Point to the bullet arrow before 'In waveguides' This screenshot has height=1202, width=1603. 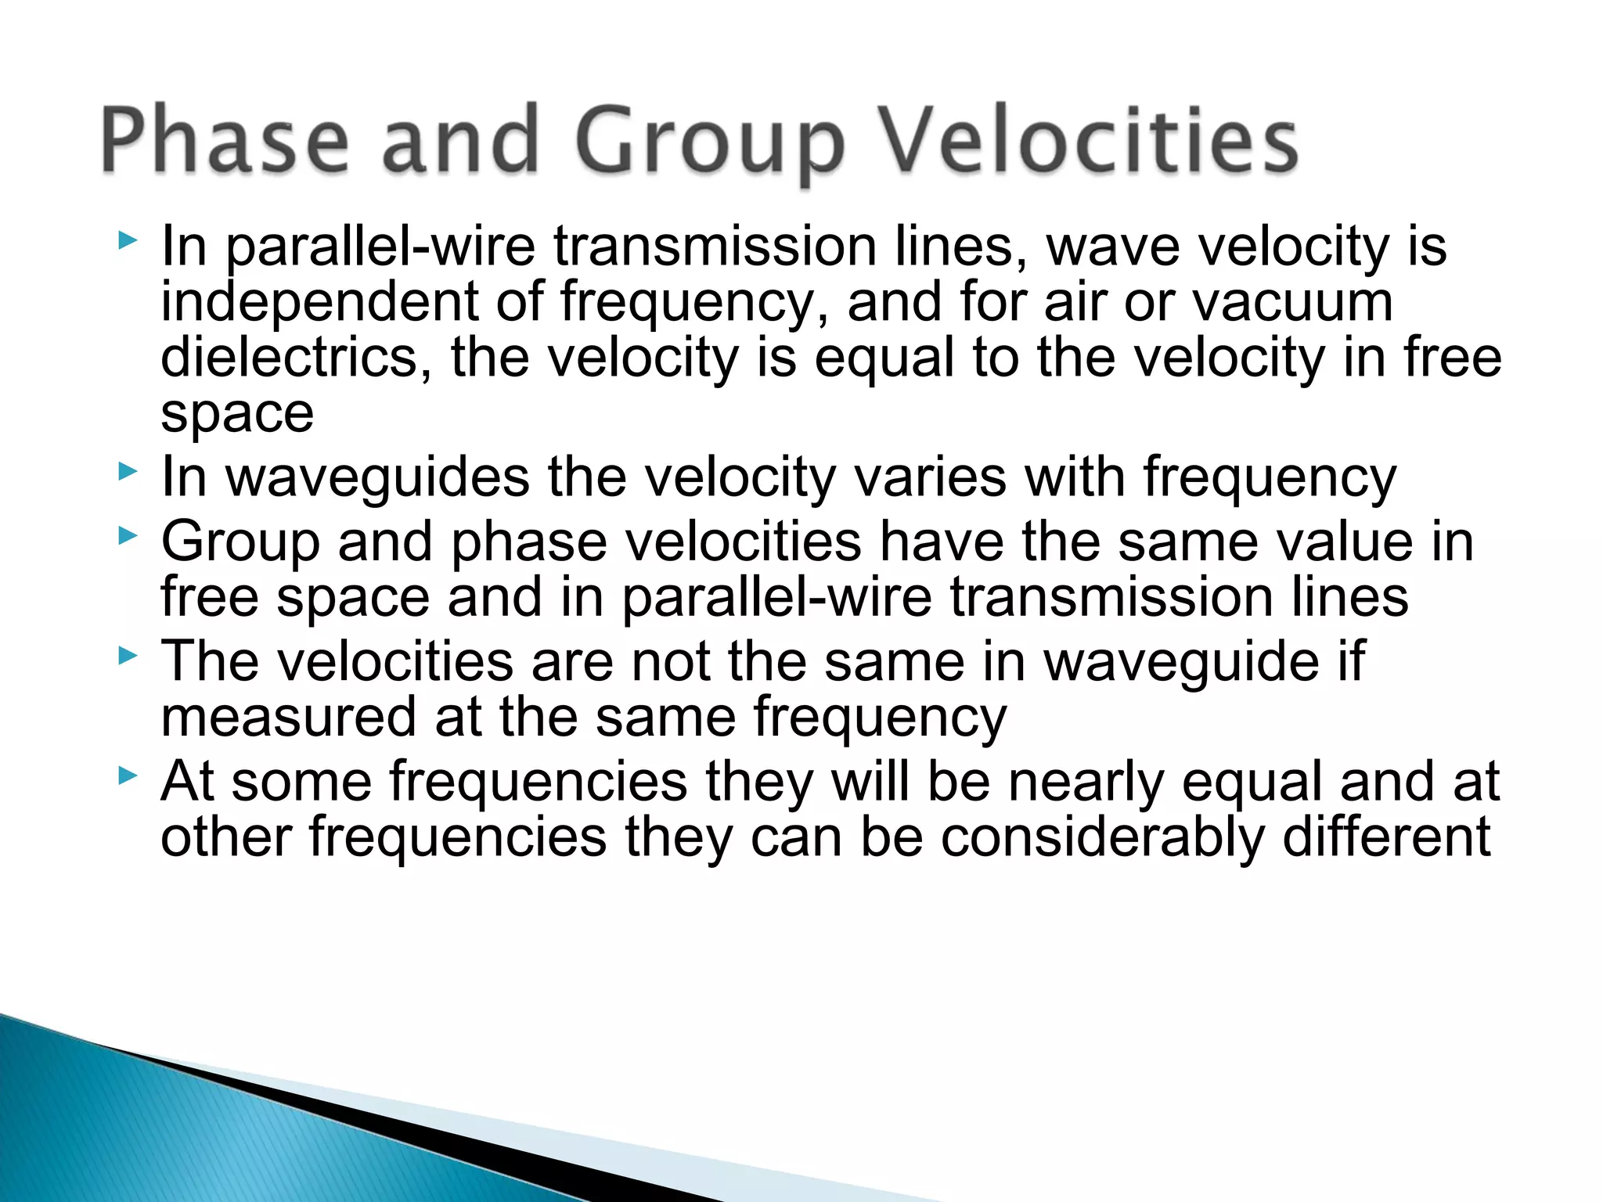[127, 471]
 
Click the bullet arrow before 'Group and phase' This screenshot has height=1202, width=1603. [127, 536]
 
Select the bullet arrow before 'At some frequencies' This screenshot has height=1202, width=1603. [127, 776]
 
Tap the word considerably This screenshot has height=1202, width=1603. [1102, 838]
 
